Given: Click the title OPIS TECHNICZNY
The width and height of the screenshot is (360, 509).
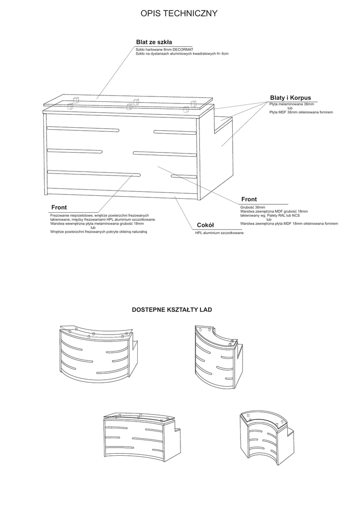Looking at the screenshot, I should coord(180,14).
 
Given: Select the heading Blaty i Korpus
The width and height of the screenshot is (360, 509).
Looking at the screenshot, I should coord(290,98).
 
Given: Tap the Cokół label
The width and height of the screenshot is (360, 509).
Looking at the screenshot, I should coord(205,225).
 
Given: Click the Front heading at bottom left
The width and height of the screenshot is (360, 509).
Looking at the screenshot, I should coord(59,207).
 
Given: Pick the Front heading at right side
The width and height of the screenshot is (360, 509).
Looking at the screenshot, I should coord(249,199).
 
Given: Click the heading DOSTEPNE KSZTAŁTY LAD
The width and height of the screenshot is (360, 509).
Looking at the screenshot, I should coord(172,309).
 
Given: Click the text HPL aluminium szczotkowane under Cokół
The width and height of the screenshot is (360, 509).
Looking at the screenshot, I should coord(219,233).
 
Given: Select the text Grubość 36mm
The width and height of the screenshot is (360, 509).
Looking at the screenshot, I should coord(253,207).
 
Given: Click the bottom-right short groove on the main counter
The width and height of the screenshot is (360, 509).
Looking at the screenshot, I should coord(183,176).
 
